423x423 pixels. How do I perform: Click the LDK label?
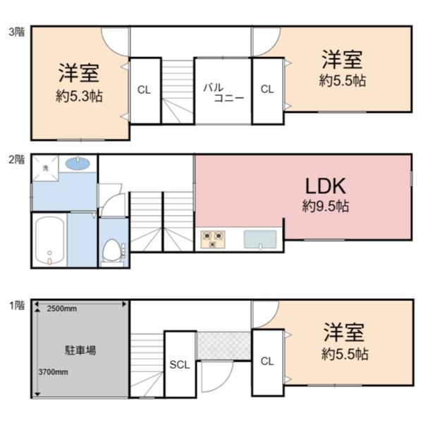point(325,186)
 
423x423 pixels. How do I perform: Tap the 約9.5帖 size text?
point(325,207)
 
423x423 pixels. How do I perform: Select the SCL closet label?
point(179,364)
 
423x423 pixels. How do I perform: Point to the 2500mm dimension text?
point(63,309)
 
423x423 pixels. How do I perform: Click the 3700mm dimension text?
point(53,372)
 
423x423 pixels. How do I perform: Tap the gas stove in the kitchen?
point(212,240)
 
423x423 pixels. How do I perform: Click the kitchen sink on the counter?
point(260,239)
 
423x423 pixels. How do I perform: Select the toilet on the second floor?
point(112,251)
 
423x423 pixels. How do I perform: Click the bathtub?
point(49,240)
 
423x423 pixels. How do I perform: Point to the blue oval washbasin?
point(77,164)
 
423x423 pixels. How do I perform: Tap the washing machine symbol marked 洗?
point(45,167)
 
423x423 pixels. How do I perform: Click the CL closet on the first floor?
point(266,362)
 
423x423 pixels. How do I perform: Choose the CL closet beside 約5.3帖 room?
point(144,90)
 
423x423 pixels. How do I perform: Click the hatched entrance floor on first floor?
point(223,344)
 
